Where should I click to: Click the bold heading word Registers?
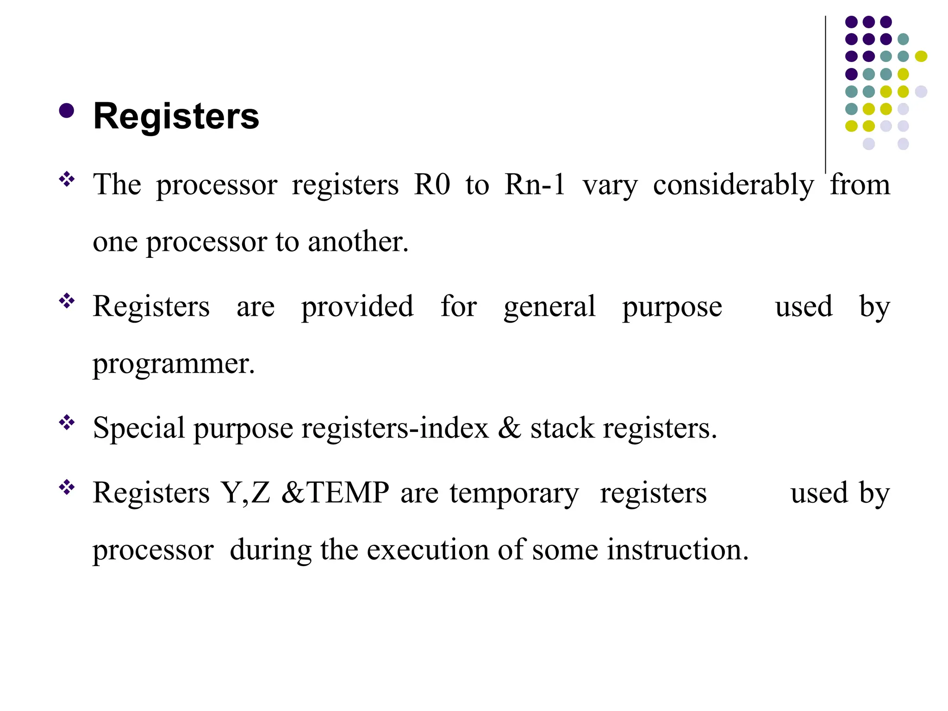pyautogui.click(x=176, y=116)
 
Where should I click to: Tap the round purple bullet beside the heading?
pyautogui.click(x=67, y=111)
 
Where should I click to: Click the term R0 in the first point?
pyautogui.click(x=432, y=184)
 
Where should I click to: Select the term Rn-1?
pyautogui.click(x=535, y=184)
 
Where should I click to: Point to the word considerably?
pyautogui.click(x=733, y=185)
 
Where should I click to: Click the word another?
pyautogui.click(x=358, y=242)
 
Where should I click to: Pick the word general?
pyautogui.click(x=549, y=307)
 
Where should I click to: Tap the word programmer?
pyautogui.click(x=174, y=364)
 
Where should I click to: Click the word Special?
pyautogui.click(x=139, y=428)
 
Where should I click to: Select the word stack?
pyautogui.click(x=562, y=428)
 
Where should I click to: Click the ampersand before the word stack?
pyautogui.click(x=510, y=428)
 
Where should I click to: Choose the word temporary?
pyautogui.click(x=514, y=493)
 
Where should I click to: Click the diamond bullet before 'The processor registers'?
pyautogui.click(x=67, y=179)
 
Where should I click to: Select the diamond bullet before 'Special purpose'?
pyautogui.click(x=67, y=423)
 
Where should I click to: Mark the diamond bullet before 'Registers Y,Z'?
pyautogui.click(x=67, y=487)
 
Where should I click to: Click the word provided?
pyautogui.click(x=357, y=307)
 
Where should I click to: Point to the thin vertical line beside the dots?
pyautogui.click(x=825, y=93)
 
